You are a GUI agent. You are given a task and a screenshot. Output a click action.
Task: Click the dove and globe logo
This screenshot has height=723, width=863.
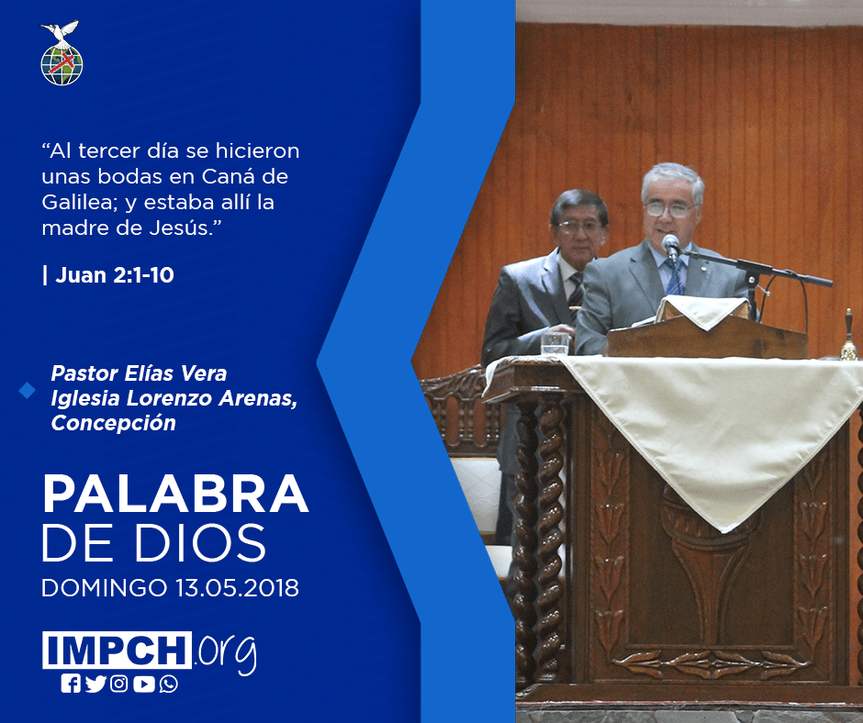[62, 53]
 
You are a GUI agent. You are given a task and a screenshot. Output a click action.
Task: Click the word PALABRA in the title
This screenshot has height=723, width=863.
[175, 494]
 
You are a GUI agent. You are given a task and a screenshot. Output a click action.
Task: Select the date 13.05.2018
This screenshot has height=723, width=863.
[237, 587]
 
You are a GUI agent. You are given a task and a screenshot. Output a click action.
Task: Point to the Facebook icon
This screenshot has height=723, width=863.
[71, 684]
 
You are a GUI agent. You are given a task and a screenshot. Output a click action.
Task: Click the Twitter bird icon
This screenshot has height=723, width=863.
[95, 684]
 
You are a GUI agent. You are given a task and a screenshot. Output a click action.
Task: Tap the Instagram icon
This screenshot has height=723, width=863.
[118, 684]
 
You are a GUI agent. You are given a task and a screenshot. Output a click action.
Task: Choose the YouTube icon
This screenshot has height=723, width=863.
[143, 684]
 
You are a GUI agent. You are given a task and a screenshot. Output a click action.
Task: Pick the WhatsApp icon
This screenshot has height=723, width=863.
[168, 684]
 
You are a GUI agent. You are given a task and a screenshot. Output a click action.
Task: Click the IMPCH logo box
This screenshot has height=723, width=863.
[117, 650]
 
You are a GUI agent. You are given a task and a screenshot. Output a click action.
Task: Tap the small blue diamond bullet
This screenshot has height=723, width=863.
[27, 391]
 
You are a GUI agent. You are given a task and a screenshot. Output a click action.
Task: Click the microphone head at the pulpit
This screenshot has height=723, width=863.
[670, 242]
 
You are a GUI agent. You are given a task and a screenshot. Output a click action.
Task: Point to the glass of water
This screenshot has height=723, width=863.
[555, 344]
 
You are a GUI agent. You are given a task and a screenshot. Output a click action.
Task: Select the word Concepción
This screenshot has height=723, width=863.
[113, 423]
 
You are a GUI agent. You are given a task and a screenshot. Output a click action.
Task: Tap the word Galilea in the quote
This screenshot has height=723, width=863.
[76, 203]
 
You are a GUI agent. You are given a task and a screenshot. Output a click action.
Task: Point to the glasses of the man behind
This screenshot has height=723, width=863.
[578, 226]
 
